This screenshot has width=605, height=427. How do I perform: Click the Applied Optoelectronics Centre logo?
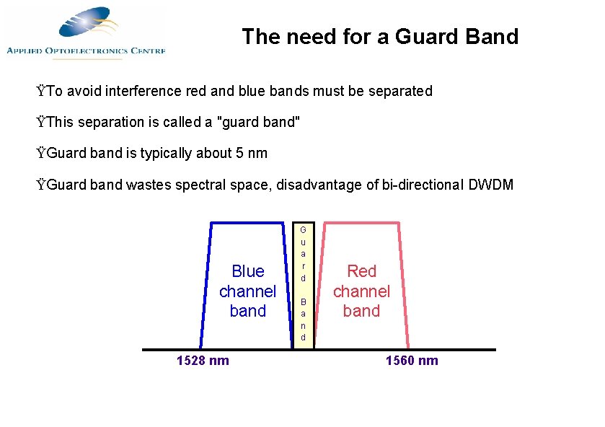(85, 32)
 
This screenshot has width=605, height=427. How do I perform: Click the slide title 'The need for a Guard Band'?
(380, 36)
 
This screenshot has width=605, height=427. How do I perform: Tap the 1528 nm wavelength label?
(203, 361)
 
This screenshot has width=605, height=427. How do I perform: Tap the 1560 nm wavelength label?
(412, 361)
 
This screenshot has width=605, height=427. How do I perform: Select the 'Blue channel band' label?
(247, 291)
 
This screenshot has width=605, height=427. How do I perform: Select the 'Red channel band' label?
(361, 291)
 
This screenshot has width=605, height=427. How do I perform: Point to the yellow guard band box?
(304, 283)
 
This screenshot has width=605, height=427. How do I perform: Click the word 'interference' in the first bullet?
(143, 92)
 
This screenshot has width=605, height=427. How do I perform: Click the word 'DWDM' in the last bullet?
(491, 185)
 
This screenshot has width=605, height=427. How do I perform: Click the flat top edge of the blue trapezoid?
(247, 222)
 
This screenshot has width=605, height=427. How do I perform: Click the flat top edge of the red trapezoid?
(361, 222)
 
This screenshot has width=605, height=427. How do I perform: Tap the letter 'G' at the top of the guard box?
(304, 229)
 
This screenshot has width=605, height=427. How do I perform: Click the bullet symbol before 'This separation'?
(42, 123)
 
